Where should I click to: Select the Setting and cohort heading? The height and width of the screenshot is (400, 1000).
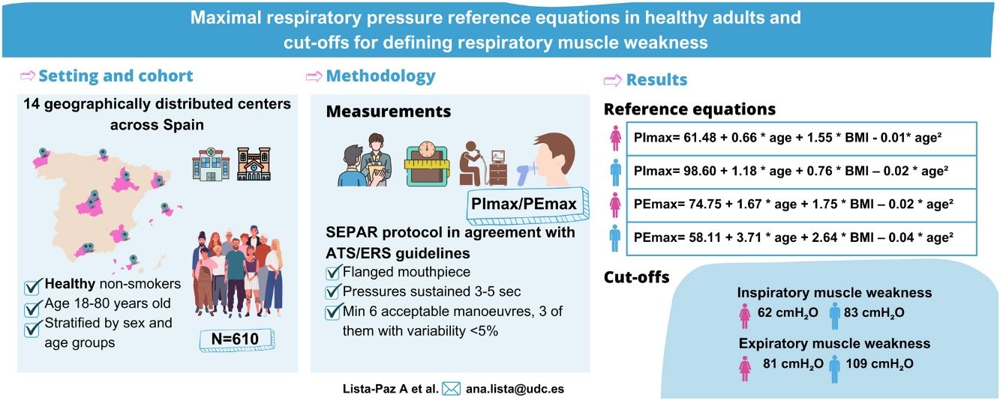click(x=116, y=76)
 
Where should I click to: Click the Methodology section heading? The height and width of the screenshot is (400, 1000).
click(x=380, y=76)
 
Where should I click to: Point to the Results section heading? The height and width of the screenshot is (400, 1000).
click(x=656, y=80)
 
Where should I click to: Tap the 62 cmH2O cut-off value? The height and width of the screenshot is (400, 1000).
click(x=787, y=313)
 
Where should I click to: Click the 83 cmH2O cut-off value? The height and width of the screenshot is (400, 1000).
click(x=878, y=313)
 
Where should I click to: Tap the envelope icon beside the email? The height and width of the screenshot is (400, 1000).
click(x=451, y=389)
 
